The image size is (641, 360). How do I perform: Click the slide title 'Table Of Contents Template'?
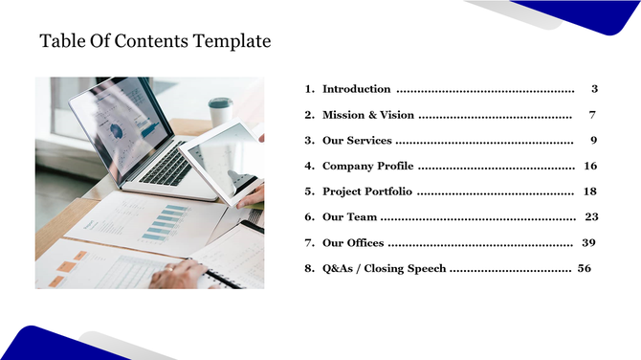[155, 42]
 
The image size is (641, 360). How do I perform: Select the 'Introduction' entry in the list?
[356, 89]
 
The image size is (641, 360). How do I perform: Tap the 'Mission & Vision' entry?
[368, 115]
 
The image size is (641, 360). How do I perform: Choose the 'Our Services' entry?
[357, 141]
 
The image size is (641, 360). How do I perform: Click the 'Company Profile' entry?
[368, 167]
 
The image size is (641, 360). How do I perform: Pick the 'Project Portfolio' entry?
[368, 191]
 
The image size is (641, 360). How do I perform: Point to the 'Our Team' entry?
[349, 217]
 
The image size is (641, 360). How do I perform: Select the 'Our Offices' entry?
[353, 243]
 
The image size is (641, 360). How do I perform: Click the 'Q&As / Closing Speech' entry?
[384, 269]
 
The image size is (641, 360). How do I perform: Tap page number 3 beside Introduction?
[594, 89]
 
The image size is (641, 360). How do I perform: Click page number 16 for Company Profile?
[590, 167]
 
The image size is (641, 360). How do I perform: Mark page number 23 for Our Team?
[591, 217]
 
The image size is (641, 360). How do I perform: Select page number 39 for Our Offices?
[588, 243]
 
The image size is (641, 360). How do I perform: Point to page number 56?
[585, 269]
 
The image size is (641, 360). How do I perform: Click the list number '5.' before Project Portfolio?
[310, 191]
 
